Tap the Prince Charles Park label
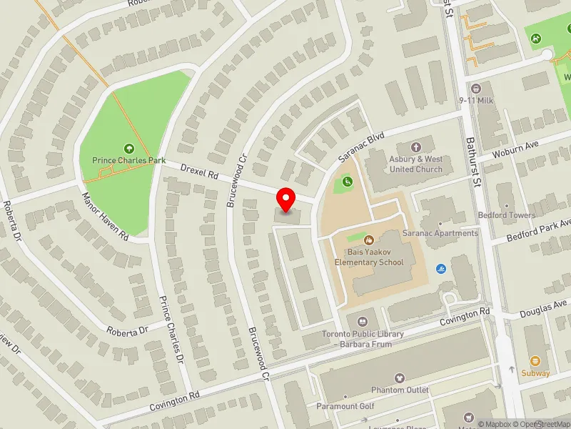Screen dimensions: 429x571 point(128,161)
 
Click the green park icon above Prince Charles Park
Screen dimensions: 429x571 point(128,148)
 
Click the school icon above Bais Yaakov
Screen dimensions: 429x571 point(369,240)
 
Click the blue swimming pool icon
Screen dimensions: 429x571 point(439,268)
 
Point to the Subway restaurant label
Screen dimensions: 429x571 point(535,373)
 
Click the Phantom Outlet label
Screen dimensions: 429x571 point(400,390)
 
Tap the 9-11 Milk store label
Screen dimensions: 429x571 point(477,100)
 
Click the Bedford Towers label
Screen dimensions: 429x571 point(507,215)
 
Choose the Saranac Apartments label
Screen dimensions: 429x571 point(440,233)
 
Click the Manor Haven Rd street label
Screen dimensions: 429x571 point(104,215)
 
